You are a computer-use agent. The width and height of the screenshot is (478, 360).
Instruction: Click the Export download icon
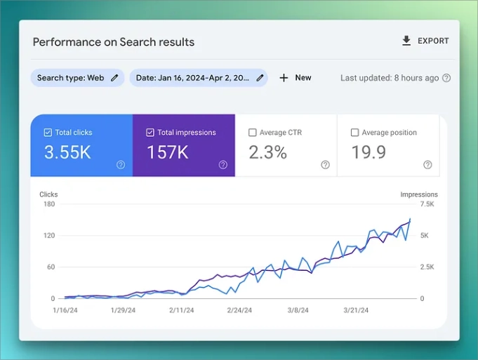point(406,41)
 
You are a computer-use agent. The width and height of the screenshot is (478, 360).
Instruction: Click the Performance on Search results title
point(114,42)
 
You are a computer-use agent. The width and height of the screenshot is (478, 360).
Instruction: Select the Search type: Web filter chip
point(77,78)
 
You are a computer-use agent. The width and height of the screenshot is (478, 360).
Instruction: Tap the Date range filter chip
point(198,78)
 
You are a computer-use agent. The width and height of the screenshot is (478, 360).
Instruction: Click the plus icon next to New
point(284,78)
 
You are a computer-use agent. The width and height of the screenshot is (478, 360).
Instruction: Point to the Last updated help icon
point(446,78)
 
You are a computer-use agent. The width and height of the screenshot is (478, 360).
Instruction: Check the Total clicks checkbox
point(48,133)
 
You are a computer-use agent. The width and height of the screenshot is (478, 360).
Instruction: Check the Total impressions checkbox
point(150,133)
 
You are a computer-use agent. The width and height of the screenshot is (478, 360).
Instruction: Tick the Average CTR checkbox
point(253,133)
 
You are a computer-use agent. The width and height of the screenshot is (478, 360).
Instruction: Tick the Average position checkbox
point(354,133)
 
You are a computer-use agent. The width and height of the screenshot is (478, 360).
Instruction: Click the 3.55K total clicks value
point(67,152)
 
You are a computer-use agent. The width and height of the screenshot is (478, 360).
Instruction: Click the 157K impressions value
point(167,152)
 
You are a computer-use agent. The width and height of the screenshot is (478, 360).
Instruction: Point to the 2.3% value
point(267,152)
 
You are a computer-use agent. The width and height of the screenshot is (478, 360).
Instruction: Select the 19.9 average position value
point(368,152)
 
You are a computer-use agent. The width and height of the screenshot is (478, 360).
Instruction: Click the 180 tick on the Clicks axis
point(48,204)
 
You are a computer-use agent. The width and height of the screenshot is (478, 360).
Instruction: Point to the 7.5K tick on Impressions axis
point(427,204)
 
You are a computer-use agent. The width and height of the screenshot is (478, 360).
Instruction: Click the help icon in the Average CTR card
point(325,165)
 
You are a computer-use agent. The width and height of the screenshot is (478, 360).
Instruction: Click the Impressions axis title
point(419,194)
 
